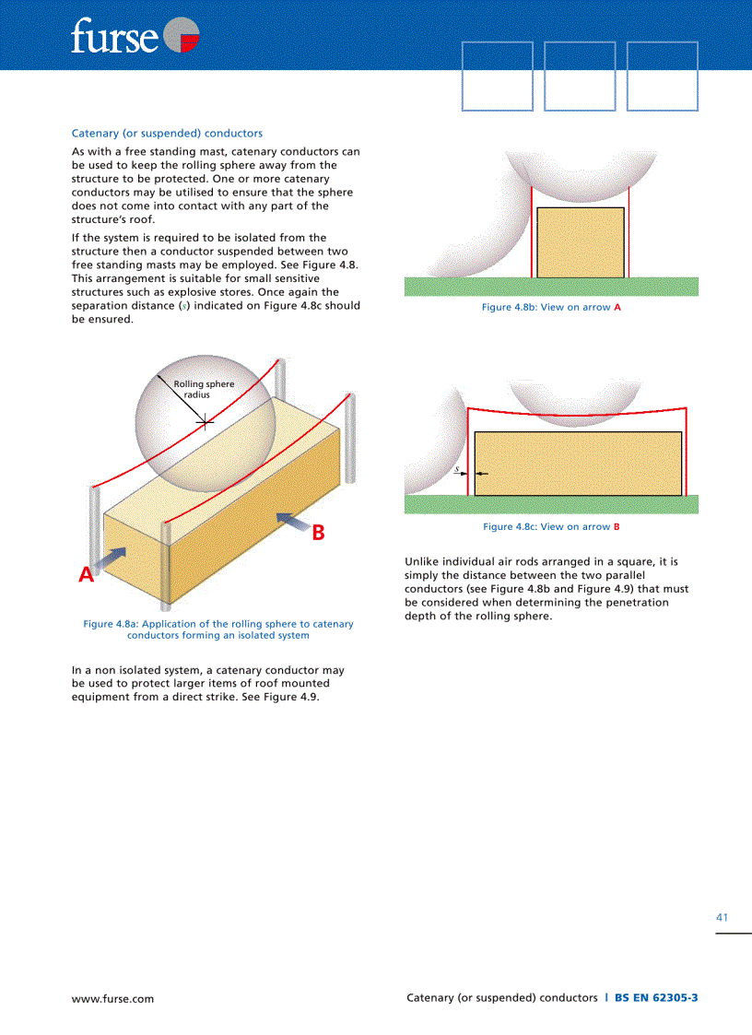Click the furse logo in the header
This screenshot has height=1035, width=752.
(135, 37)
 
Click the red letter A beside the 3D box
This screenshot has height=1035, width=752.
(86, 575)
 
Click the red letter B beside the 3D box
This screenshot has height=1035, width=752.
(318, 532)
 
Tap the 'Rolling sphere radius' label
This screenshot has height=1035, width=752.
(203, 389)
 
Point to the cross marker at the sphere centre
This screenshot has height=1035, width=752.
(206, 422)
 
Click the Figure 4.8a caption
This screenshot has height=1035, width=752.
(218, 629)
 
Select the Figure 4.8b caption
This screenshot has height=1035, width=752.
(551, 307)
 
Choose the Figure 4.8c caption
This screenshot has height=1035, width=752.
(551, 526)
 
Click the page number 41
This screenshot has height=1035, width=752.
(722, 917)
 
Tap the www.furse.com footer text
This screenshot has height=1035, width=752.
(112, 998)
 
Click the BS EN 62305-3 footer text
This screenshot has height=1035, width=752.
(656, 997)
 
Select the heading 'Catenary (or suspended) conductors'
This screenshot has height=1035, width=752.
(167, 134)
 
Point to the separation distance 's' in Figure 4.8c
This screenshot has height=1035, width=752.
(458, 469)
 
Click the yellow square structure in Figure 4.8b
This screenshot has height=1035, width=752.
(580, 242)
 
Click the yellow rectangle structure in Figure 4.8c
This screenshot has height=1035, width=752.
(578, 463)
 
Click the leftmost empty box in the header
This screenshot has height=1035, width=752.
(497, 76)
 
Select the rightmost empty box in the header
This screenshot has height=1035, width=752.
(662, 76)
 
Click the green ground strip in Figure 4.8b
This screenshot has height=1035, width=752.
(551, 287)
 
